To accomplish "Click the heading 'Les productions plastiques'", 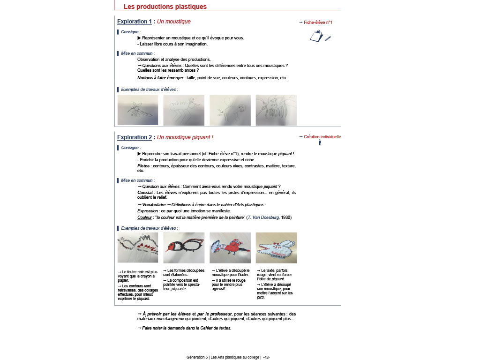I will [x=165, y=7].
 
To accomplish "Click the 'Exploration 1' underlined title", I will [x=134, y=22].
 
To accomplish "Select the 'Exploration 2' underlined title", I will [x=134, y=137].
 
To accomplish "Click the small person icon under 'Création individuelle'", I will [x=320, y=142].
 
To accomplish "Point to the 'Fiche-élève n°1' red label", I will [x=318, y=22].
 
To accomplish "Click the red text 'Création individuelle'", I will [x=322, y=137].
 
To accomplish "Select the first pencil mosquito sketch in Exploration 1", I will [x=138, y=110].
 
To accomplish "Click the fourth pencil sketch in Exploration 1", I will [x=276, y=110].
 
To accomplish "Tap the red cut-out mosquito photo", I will [x=230, y=248].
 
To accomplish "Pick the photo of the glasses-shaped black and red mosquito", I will [x=184, y=248].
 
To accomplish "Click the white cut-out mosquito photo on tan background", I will [x=276, y=248].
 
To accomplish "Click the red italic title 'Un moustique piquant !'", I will [x=185, y=137].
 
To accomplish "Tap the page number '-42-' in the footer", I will [x=266, y=357].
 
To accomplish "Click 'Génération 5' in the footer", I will [x=197, y=357].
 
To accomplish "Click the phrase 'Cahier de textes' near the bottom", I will [x=216, y=328].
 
